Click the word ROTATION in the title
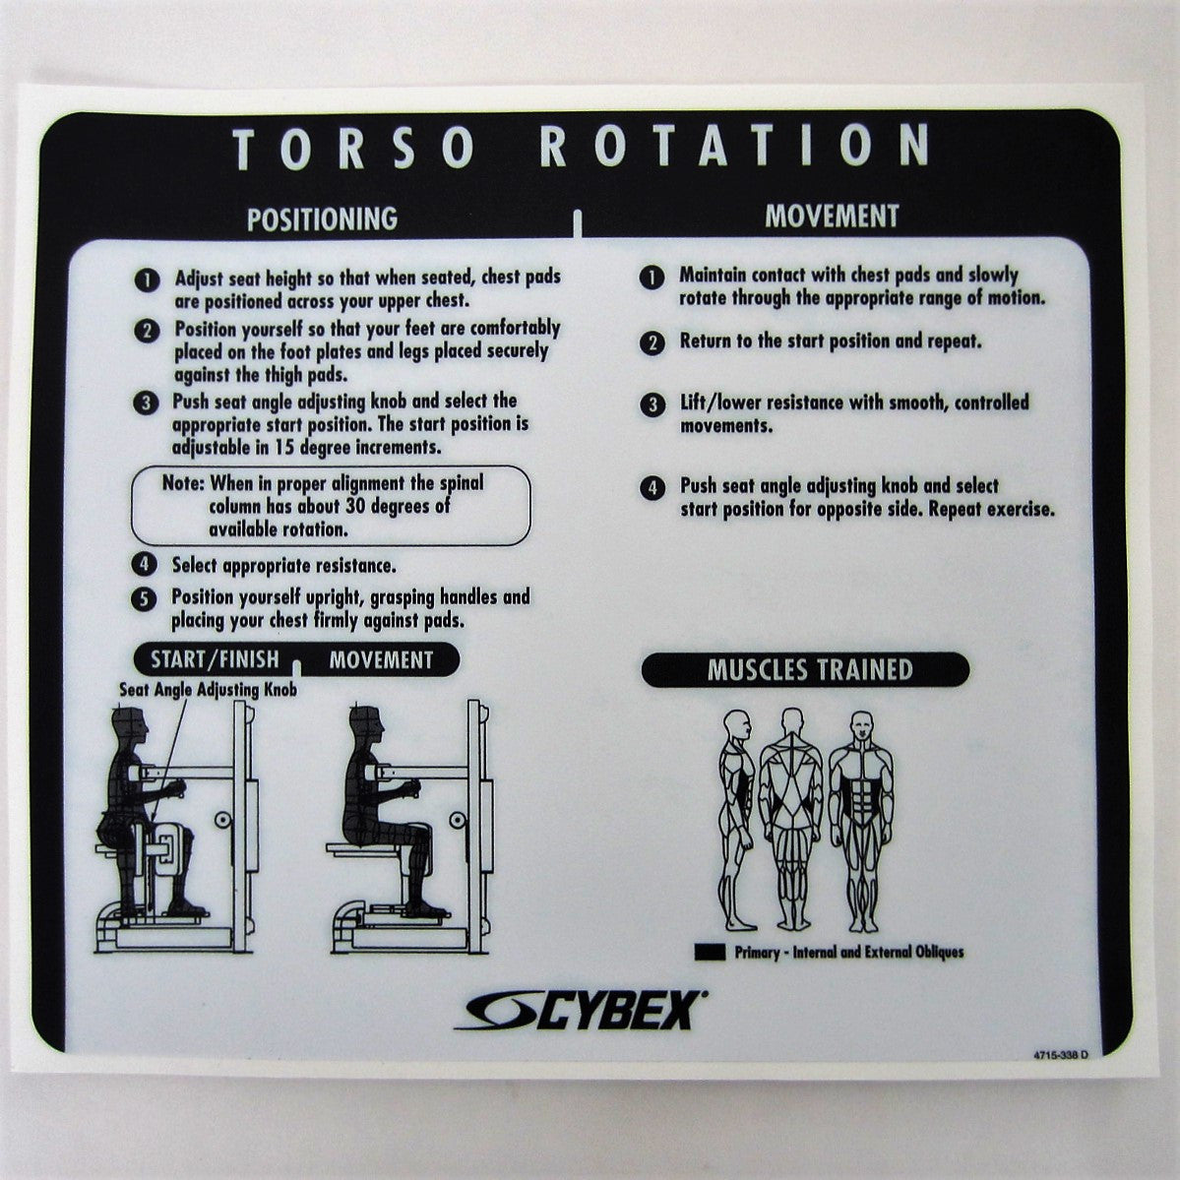point(736,147)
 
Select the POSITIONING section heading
point(322,217)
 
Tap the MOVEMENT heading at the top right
point(832,217)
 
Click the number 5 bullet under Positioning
point(145,598)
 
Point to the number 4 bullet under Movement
point(652,488)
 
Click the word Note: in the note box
point(183,485)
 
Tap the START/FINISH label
point(215,659)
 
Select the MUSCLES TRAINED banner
point(809,670)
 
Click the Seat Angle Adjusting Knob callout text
point(208,690)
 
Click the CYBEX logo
point(581,1011)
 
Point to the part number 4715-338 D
point(1061,1055)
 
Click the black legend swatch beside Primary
point(710,952)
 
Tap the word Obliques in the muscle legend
point(933,952)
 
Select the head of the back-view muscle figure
point(790,721)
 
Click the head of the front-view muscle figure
point(861,725)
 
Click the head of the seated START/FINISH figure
point(131,726)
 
